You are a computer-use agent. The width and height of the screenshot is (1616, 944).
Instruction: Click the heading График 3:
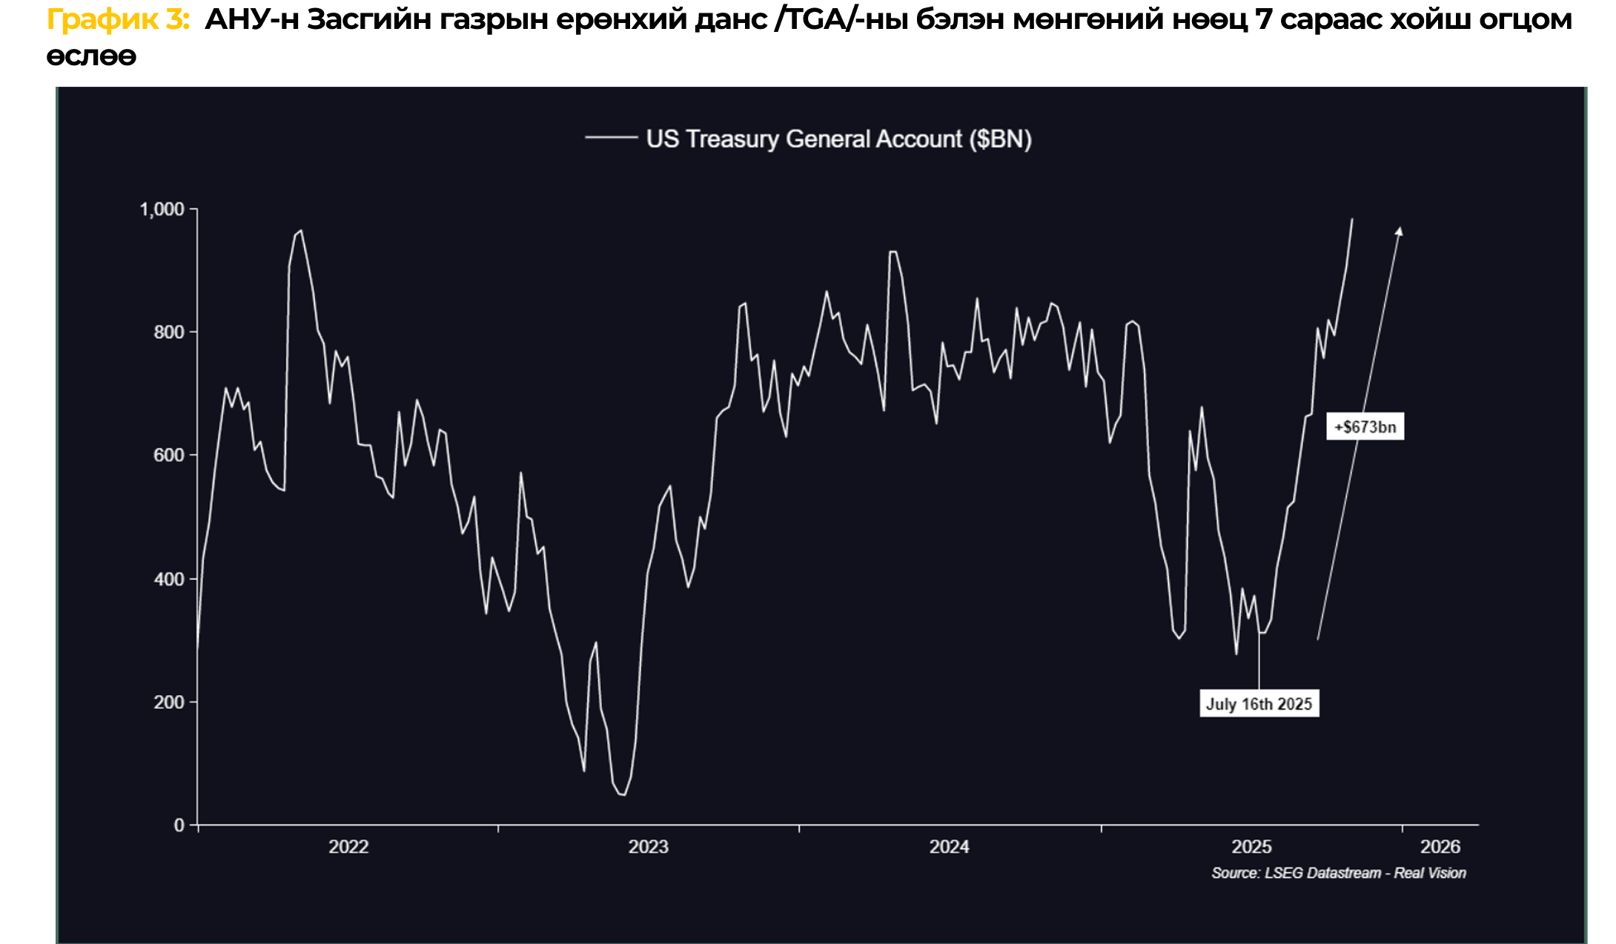point(119,20)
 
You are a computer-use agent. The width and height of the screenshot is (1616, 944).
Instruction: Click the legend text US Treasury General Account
point(838,139)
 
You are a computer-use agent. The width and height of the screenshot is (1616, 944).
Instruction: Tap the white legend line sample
point(611,138)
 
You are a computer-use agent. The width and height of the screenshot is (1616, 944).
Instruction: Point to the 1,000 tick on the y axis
point(162,210)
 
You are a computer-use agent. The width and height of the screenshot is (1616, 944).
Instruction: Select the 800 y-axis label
point(169,332)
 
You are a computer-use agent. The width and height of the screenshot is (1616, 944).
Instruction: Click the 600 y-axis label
point(169,455)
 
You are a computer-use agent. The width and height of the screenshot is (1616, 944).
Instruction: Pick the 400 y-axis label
point(169,578)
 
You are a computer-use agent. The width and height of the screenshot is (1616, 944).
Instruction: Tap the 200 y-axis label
point(169,702)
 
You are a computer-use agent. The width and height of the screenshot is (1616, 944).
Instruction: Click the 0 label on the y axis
point(179,825)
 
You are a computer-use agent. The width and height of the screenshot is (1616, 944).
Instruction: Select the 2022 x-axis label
point(348,847)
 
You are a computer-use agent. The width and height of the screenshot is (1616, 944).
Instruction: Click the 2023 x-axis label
point(649,847)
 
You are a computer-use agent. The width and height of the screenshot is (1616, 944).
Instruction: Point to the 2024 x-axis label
point(950,847)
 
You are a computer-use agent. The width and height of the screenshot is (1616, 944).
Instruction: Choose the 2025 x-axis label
point(1251,847)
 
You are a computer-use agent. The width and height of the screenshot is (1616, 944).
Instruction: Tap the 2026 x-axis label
point(1440,847)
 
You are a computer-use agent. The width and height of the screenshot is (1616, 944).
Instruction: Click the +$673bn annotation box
point(1365,427)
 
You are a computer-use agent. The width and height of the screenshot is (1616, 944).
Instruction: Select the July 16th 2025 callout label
point(1259,704)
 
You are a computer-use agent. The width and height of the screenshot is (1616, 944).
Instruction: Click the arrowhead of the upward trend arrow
point(1399,231)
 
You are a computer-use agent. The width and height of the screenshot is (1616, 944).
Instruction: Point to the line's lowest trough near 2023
point(623,795)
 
